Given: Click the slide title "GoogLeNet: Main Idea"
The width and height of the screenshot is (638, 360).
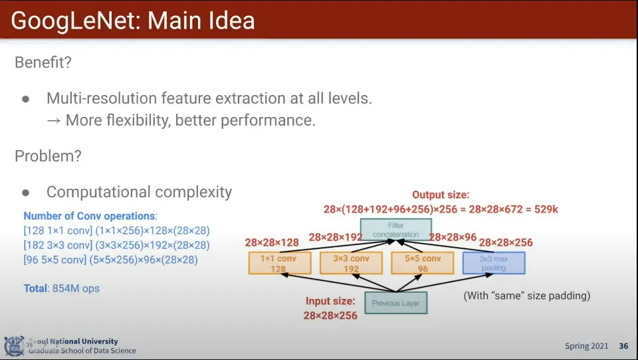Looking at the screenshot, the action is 133,21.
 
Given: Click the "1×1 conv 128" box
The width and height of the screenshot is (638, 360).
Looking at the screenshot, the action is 279,263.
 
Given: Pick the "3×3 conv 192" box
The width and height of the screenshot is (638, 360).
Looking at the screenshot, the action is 350,263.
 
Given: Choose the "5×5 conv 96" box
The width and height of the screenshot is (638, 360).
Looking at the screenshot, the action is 422,263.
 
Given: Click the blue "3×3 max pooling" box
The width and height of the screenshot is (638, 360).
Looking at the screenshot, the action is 493,263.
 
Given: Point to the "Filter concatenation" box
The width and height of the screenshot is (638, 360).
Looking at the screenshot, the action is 395,230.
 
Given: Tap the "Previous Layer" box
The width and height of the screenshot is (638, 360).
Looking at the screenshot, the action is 395,304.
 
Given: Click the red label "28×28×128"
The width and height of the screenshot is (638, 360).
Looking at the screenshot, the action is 272,242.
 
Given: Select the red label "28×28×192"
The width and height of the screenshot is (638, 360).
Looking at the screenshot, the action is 336,236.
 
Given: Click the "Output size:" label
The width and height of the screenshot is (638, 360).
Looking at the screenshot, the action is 441,195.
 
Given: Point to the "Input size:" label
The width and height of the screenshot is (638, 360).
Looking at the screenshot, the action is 330,302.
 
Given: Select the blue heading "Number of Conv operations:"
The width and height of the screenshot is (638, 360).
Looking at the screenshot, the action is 90,216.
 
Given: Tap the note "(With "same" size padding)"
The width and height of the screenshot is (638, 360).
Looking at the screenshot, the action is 526,295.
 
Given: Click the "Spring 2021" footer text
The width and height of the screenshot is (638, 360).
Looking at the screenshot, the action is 586,346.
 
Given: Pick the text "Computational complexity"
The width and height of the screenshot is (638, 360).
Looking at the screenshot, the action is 139,192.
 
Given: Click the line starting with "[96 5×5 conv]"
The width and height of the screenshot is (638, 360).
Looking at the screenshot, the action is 110,260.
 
